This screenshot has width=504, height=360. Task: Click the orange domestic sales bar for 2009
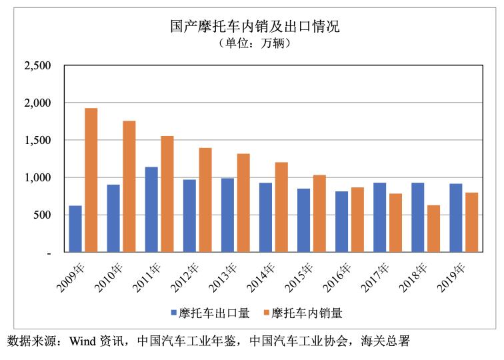point(91,180)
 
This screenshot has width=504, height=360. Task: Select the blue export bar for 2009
point(75,229)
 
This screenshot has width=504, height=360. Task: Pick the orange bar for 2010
point(129,187)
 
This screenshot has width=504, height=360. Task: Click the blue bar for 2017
point(379,217)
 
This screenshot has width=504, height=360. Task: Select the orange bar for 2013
point(243,203)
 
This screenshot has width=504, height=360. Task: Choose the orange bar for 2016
point(357,220)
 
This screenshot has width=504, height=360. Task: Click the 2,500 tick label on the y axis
point(37,66)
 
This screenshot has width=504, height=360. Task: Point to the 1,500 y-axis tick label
point(37,141)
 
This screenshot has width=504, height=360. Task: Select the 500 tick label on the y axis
point(42,215)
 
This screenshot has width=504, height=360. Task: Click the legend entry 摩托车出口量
point(209,312)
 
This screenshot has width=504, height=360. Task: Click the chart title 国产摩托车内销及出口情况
point(254,27)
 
